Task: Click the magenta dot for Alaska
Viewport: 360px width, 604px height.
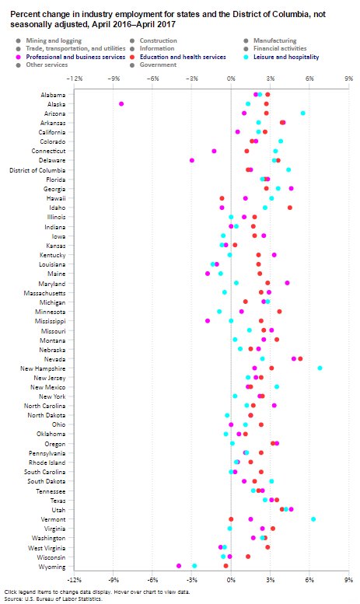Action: [121, 103]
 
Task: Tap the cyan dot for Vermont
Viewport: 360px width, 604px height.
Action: [313, 518]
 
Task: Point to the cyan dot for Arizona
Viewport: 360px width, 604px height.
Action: [302, 113]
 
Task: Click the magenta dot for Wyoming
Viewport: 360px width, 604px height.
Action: [179, 566]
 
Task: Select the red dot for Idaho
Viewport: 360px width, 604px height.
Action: [290, 208]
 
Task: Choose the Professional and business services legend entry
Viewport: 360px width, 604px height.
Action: [75, 57]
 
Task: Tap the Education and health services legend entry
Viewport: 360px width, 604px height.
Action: [183, 57]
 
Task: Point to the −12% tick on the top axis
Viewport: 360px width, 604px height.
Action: [75, 79]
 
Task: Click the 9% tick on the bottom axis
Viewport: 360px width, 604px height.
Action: [348, 579]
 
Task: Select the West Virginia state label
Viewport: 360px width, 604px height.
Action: [47, 547]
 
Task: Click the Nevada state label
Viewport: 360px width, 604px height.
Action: [54, 358]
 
